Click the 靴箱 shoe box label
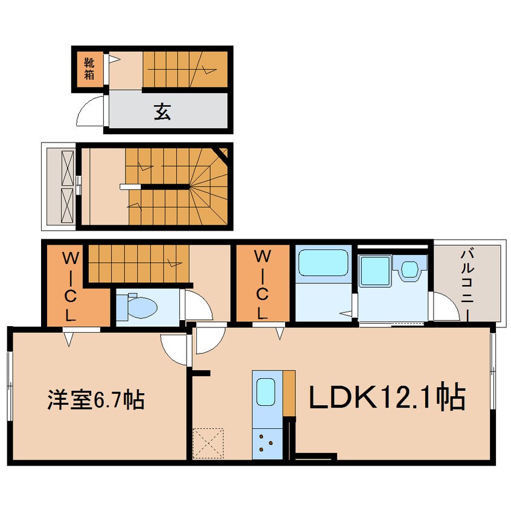pyautogui.click(x=89, y=68)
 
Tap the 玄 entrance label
pyautogui.click(x=162, y=112)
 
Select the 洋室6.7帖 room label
pyautogui.click(x=96, y=399)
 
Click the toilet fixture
pyautogui.click(x=137, y=306)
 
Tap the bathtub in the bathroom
pyautogui.click(x=323, y=263)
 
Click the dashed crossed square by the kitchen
pyautogui.click(x=208, y=443)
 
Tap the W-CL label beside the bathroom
pyautogui.click(x=262, y=284)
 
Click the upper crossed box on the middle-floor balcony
pyautogui.click(x=68, y=168)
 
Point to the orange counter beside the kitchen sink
pyautogui.click(x=289, y=393)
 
